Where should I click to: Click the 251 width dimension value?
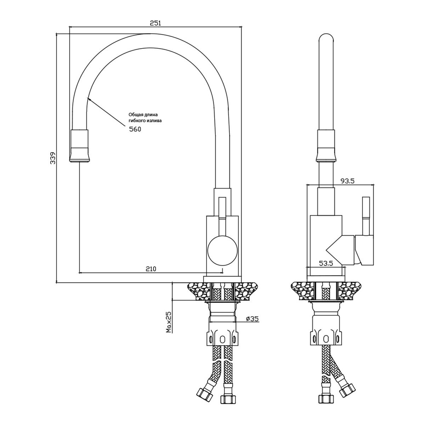point(156,23)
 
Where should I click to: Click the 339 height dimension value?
point(53,158)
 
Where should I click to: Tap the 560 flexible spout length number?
point(135,129)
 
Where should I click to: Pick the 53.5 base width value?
point(326,263)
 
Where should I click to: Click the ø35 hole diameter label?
point(252,318)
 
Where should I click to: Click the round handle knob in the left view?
point(222,250)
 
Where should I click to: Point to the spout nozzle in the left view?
point(80,146)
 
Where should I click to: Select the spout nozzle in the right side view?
point(326,146)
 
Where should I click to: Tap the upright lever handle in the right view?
point(366,216)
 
